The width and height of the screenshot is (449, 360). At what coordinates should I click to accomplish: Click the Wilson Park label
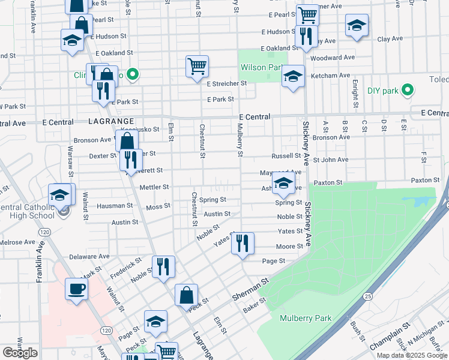click(x=262, y=68)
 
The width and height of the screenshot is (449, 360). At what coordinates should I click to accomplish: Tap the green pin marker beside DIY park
click(x=408, y=91)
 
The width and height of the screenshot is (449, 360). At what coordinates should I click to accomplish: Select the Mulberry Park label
click(x=306, y=318)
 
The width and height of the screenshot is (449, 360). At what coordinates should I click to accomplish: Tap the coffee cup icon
click(x=76, y=289)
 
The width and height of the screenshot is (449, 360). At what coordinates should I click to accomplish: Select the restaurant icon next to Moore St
click(x=243, y=243)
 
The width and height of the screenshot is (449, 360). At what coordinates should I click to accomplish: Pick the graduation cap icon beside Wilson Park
click(x=292, y=76)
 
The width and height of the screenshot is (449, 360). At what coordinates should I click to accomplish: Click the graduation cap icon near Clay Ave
click(x=357, y=25)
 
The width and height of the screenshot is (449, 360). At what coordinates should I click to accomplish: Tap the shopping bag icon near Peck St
click(x=186, y=295)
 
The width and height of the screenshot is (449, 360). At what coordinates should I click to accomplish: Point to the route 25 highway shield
click(x=367, y=296)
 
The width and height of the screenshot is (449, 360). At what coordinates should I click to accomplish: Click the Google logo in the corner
click(x=20, y=353)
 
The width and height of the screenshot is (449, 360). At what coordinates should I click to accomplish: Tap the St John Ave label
click(x=330, y=160)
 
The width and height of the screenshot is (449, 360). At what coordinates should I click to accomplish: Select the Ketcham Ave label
click(x=335, y=76)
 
